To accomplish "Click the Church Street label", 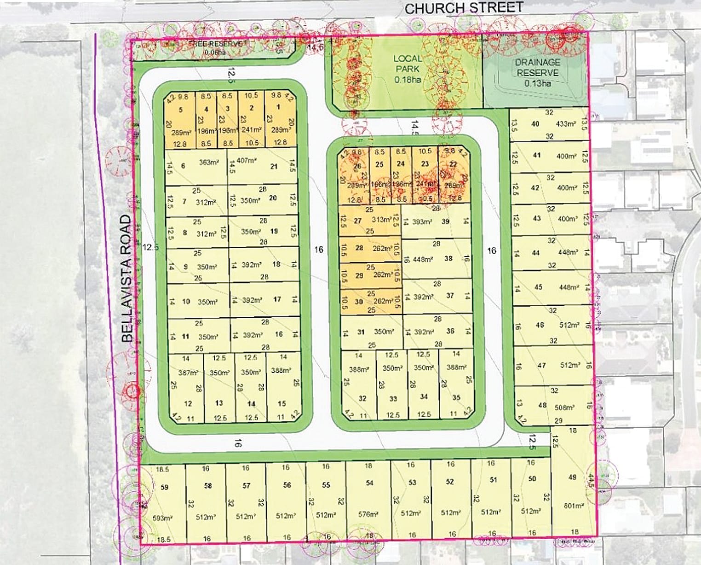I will click(x=464, y=8).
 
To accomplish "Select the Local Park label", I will click(x=407, y=64).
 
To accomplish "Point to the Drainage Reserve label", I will click(x=537, y=67).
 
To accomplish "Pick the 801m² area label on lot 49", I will click(x=573, y=506).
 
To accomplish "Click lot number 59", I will click(x=165, y=487).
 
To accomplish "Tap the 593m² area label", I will click(x=162, y=518).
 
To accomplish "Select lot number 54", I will click(x=369, y=483).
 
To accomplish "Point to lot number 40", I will click(x=535, y=124).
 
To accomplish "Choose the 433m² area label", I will click(x=566, y=124).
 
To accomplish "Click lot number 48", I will click(x=542, y=405).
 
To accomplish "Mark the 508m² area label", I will click(x=565, y=407).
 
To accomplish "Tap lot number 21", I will click(x=274, y=166).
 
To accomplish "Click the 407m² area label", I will click(x=246, y=161).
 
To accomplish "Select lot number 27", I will click(x=357, y=221).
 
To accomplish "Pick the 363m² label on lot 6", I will click(x=208, y=162).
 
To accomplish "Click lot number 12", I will click(x=188, y=403).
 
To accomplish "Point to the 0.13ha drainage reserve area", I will click(x=537, y=84).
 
